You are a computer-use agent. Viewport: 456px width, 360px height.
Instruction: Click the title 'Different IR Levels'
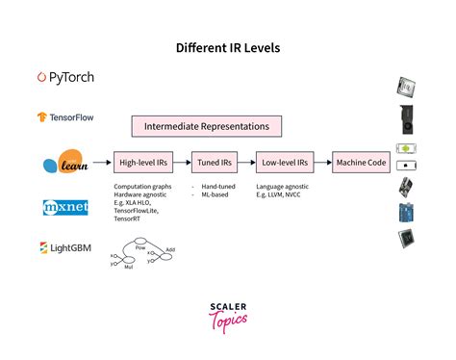227,46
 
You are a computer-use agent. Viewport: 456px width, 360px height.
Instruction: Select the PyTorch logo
65,77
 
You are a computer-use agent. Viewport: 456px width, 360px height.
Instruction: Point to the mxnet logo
66,207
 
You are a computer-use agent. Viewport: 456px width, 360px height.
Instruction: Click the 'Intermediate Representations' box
207,126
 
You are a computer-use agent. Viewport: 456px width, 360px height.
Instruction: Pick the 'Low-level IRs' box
284,163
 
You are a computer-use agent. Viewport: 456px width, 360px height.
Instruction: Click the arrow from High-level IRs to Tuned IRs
181,163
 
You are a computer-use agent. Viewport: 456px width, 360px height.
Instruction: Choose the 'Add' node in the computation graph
171,248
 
